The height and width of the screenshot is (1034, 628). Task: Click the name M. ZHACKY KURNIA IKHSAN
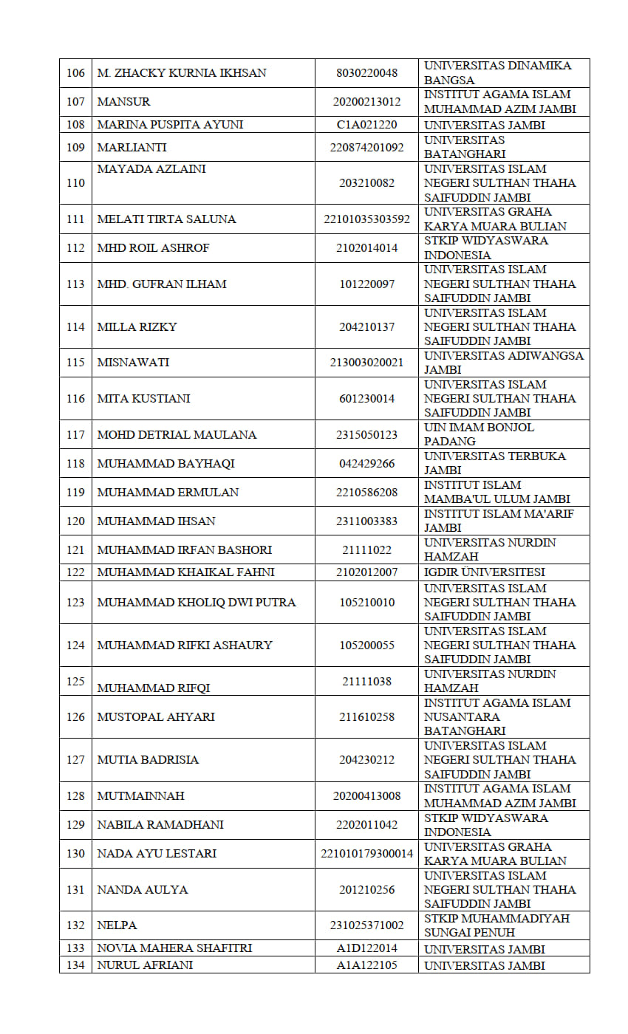click(x=182, y=73)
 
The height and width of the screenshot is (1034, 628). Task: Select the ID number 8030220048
click(x=366, y=73)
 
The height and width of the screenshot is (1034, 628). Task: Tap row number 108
click(x=75, y=125)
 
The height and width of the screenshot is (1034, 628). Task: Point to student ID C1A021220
click(x=366, y=125)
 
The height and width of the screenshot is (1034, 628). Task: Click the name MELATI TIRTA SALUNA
click(x=166, y=219)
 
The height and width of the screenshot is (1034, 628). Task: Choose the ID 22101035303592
click(x=366, y=219)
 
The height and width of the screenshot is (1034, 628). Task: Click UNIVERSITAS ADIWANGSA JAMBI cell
click(x=503, y=363)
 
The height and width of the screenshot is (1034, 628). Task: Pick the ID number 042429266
click(x=366, y=464)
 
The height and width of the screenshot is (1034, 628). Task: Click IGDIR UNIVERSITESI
click(x=485, y=572)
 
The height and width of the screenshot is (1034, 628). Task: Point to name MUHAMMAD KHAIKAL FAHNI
click(x=185, y=572)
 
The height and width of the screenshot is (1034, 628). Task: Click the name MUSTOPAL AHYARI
click(x=156, y=717)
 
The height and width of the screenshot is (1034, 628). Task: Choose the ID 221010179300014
click(x=366, y=854)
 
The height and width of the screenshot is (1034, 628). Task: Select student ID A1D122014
click(x=366, y=948)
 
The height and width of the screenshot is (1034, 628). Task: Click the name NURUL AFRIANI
click(x=145, y=965)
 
